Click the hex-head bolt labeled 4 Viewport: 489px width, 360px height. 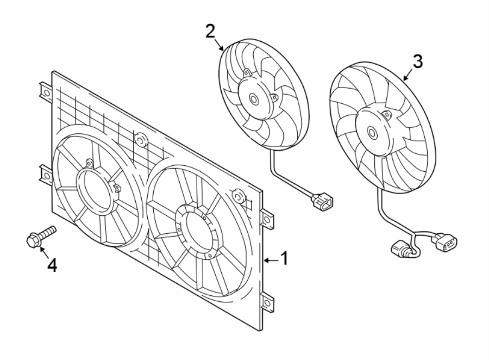[39, 237]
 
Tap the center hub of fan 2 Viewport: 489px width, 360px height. [254, 98]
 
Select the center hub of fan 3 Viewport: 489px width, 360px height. [372, 132]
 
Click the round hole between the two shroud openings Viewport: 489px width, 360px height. [141, 140]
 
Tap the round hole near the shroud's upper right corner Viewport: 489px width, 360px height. [237, 195]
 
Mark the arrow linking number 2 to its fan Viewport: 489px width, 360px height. [220, 45]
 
